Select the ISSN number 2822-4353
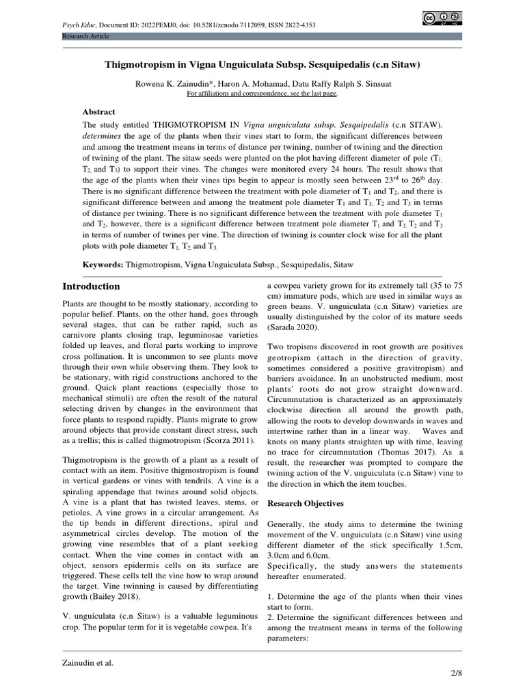tap(301, 25)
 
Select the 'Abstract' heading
tap(99, 111)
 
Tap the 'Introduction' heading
tap(91, 286)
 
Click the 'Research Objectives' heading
tap(305, 503)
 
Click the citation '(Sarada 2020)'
tap(295, 327)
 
